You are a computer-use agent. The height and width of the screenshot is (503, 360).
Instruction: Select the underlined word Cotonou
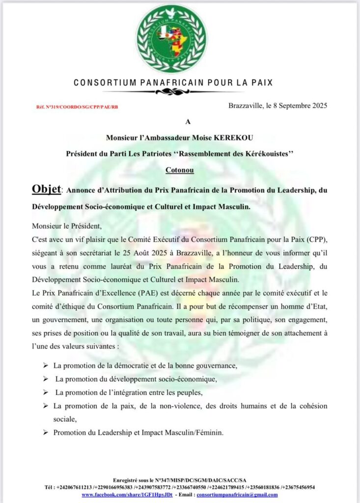pyautogui.click(x=180, y=170)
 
